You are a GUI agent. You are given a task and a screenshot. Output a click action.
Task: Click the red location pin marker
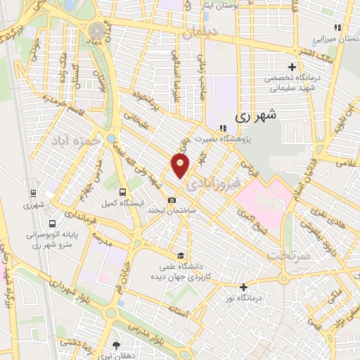click(x=181, y=166)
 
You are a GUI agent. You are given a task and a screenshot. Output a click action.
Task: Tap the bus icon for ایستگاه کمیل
click(x=124, y=191)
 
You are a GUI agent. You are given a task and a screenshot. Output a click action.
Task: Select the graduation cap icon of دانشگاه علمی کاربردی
click(x=181, y=255)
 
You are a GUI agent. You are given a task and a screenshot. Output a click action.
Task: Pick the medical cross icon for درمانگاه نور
click(x=244, y=287)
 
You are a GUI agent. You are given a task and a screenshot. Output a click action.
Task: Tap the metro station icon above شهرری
click(x=33, y=193)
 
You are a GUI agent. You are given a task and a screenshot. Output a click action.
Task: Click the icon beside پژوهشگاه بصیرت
click(x=223, y=128)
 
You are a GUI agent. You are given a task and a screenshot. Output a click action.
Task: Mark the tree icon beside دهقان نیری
click(x=116, y=345)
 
